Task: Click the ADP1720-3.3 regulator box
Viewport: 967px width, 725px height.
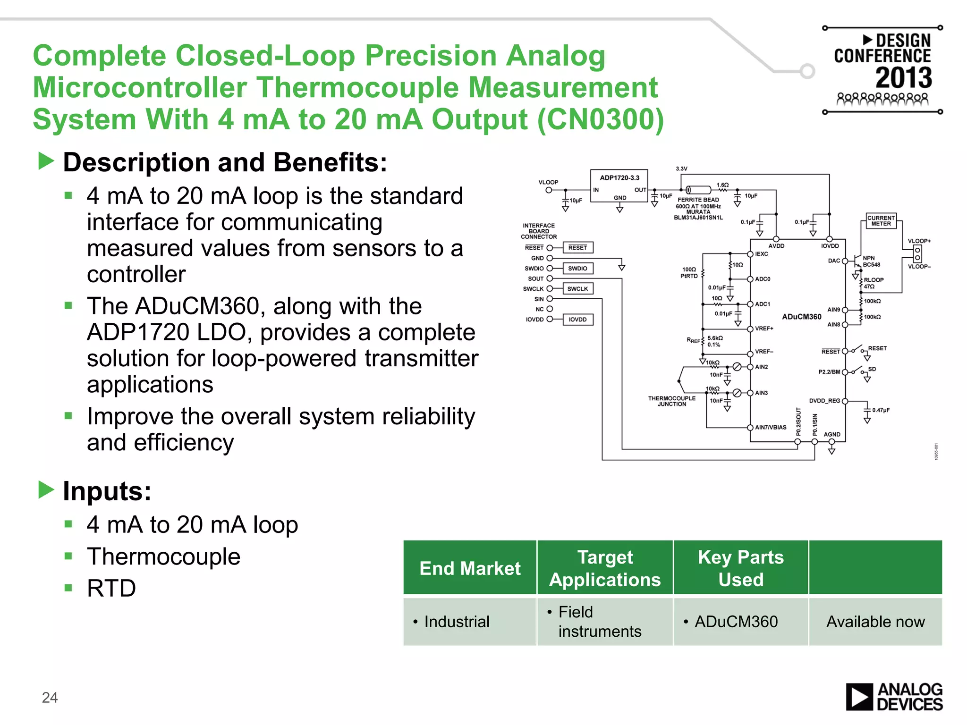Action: pos(619,185)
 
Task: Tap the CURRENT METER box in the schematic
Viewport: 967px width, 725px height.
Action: pos(881,221)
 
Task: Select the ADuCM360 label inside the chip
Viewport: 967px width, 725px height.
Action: pos(801,317)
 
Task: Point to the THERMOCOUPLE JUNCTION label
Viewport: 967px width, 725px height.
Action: pos(671,401)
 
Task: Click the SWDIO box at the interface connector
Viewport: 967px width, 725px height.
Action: pos(577,269)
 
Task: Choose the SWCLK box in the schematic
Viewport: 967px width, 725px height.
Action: pos(577,289)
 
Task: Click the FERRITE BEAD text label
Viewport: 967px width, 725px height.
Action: pos(698,200)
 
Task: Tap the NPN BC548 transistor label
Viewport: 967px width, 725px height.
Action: pos(871,261)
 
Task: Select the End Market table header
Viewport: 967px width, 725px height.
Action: pos(470,568)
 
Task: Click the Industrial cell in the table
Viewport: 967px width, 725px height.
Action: pos(457,622)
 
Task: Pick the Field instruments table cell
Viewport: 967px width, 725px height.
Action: pos(599,622)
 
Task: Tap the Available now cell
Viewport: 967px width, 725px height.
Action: pos(875,622)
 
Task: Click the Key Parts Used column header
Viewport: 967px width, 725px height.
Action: pos(740,568)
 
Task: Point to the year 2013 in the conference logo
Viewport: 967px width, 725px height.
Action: pos(903,78)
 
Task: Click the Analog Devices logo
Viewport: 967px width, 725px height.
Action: pos(894,697)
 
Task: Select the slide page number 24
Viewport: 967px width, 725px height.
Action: pos(50,697)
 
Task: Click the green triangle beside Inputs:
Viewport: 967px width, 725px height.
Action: pos(46,490)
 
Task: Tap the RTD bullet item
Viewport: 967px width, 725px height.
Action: pos(111,588)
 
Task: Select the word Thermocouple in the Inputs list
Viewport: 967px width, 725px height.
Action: pos(163,556)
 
